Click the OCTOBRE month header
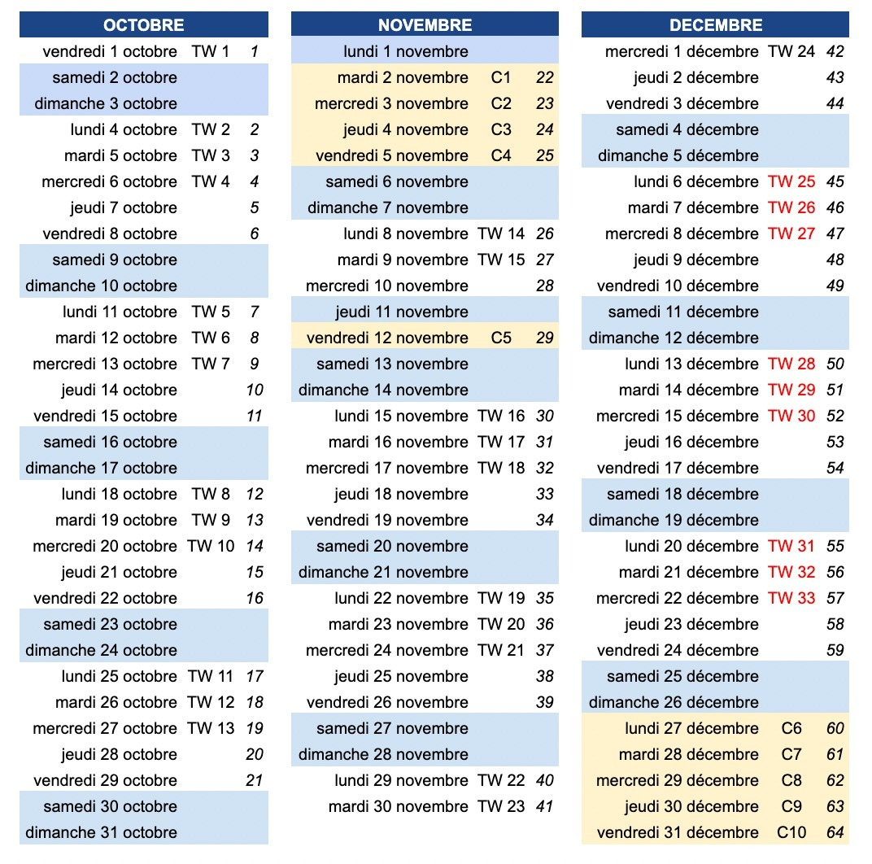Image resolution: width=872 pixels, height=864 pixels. pos(144,25)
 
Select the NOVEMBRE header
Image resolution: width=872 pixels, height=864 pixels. pos(425,25)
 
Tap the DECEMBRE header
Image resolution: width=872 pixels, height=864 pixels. pos(716,25)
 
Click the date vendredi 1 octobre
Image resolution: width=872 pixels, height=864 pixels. pos(110,51)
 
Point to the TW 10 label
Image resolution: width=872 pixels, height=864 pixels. pos(211,546)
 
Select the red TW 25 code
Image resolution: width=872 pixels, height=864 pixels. pos(791,181)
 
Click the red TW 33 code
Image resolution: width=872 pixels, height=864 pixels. pos(791,598)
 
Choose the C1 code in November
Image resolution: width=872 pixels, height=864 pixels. pos(501,77)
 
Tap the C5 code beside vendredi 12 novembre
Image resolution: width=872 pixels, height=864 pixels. pos(501,338)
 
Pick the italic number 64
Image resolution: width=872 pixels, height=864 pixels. pos(835,832)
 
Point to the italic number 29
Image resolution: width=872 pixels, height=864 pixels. pos(545,338)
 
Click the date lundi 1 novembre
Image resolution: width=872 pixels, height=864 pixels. pos(406,51)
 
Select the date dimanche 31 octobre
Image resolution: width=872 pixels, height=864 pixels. pos(101,832)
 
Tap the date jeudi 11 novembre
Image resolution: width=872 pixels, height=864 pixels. pos(402,312)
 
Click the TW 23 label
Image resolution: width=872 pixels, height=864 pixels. pos(501,806)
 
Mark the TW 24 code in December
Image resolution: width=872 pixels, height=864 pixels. pos(791,51)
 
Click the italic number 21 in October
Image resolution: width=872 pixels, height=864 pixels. pos(255,780)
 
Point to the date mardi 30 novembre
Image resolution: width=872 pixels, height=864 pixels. pos(399,806)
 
